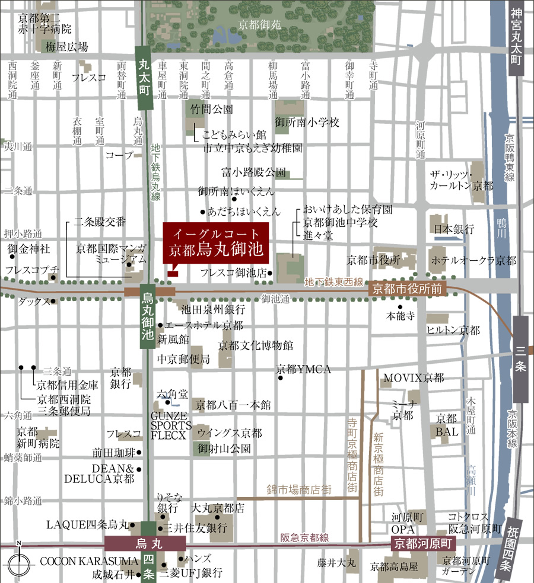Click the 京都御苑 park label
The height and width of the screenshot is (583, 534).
click(259, 25)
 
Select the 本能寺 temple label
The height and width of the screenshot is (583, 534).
click(400, 315)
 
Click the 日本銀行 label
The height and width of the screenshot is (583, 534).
click(454, 230)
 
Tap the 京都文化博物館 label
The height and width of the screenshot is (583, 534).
click(256, 345)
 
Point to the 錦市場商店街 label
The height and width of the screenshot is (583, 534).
click(299, 489)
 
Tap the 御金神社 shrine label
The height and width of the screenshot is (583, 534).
click(28, 249)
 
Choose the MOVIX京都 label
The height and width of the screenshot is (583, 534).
click(414, 377)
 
